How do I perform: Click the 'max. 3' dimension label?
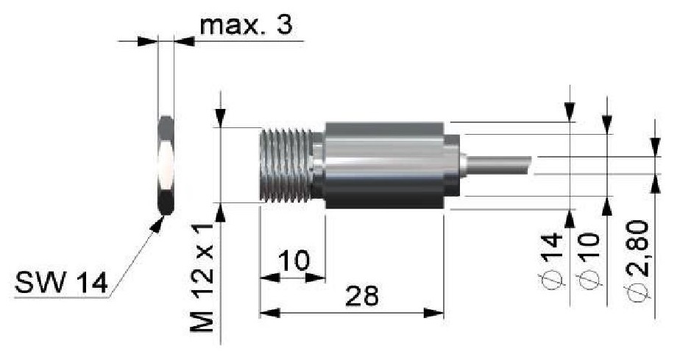246,25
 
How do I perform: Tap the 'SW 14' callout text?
61,283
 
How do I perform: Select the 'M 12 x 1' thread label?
202,278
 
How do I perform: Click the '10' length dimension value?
294,260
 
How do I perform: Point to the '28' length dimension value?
361,296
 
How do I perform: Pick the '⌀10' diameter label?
589,261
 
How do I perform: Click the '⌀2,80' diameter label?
637,259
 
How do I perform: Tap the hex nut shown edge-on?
166,165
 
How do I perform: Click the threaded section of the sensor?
286,166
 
